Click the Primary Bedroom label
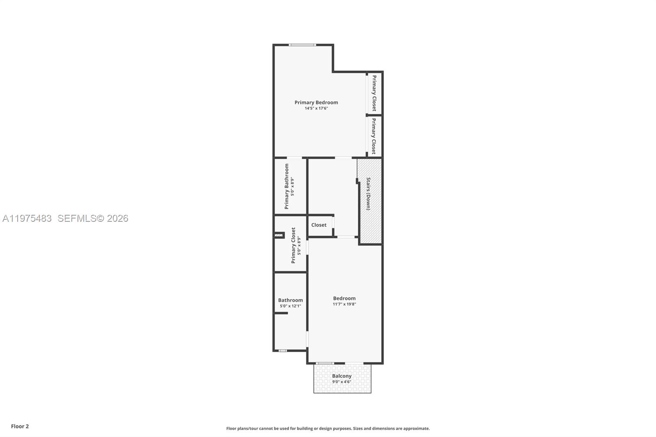coord(316,102)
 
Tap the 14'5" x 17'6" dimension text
coord(316,109)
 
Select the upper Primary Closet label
coord(374,93)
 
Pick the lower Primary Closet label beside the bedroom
coord(374,137)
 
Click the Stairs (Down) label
coord(368,193)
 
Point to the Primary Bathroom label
coord(287,186)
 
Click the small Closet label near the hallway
coord(319,225)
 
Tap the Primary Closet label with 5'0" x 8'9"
coord(293,245)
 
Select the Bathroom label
coord(290,300)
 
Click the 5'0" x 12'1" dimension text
coord(290,306)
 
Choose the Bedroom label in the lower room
coord(344,298)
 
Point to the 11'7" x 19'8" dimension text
coord(344,304)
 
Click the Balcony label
coord(342,376)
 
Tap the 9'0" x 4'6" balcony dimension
coord(342,382)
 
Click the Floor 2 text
coord(20,426)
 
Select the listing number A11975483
coord(27,218)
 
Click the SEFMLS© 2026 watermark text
coord(93,218)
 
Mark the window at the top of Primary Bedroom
coord(302,45)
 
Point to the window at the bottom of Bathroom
coord(282,351)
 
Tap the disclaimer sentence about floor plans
coord(328,428)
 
